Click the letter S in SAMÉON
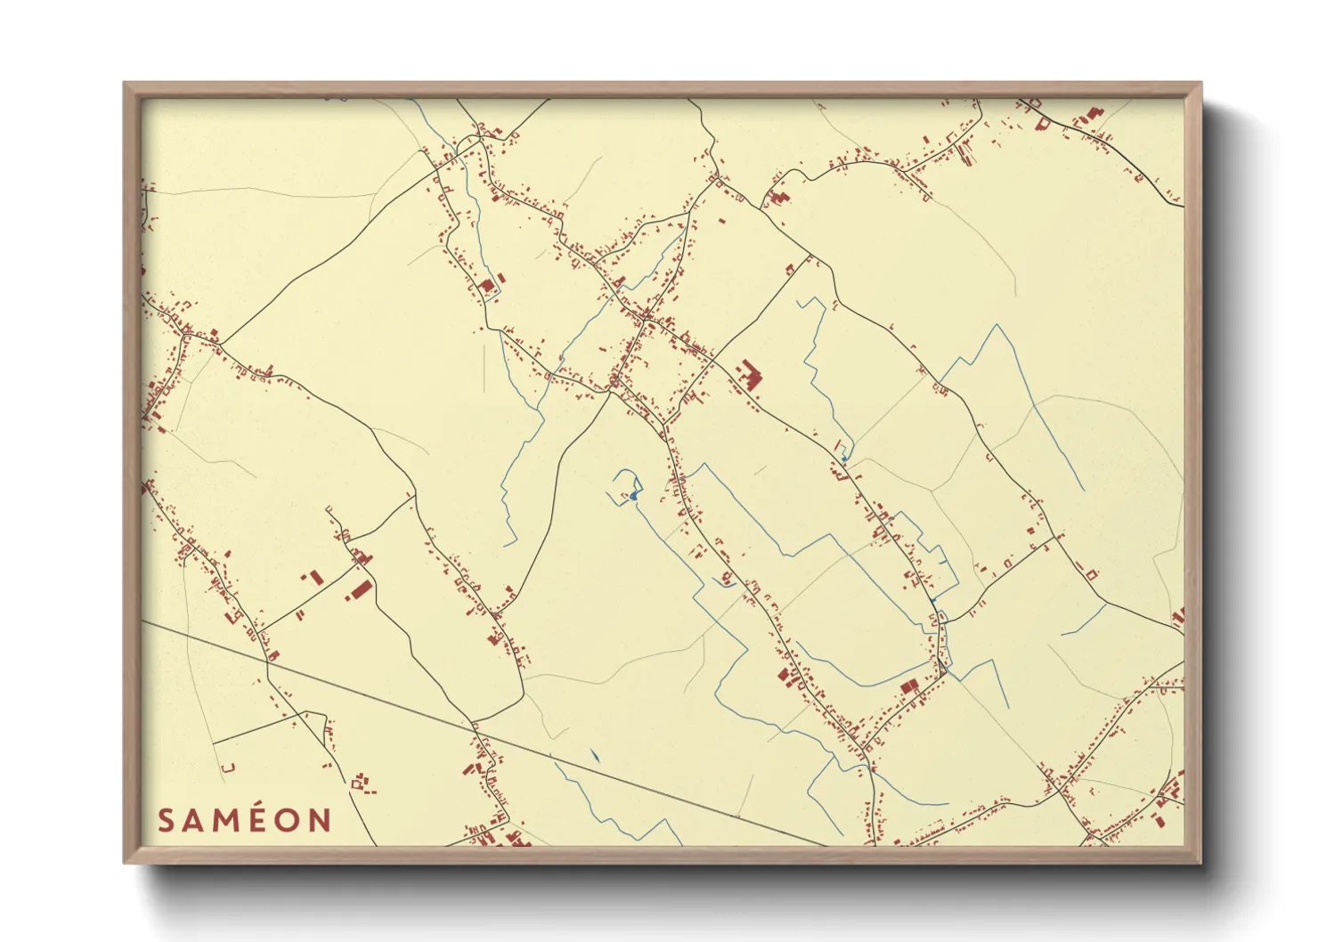point(166,820)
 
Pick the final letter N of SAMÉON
point(320,820)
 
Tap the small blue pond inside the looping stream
point(633,494)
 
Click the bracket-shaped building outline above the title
point(228,767)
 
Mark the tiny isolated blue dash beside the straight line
point(594,756)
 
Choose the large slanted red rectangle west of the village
point(360,591)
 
